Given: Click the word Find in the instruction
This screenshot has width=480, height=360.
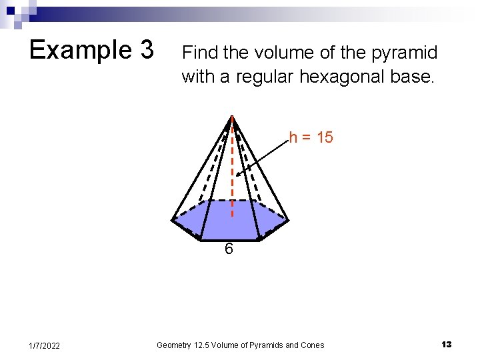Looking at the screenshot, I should tap(197, 52).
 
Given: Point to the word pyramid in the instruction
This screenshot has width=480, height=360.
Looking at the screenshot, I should tap(405, 52).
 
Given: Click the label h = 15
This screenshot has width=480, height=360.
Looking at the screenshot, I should tap(311, 138).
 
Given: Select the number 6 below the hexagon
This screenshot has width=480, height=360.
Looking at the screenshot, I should tap(229, 249).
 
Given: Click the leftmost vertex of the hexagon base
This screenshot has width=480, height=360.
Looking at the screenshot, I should tap(173, 219).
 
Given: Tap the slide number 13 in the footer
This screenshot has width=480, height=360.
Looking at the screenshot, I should tap(446, 345).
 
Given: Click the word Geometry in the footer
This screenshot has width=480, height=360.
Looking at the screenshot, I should tap(174, 345).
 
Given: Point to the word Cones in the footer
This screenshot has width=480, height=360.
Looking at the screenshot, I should tap(311, 345).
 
